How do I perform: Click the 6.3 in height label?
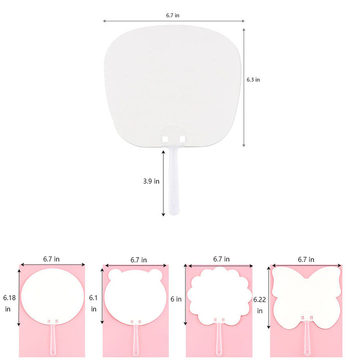[x=253, y=79]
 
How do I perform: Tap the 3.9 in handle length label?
[x=151, y=181]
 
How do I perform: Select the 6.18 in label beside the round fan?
[x=9, y=303]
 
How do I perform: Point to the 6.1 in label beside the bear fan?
[x=93, y=303]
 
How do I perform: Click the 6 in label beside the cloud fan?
[x=176, y=299]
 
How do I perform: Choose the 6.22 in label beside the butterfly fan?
[x=259, y=305]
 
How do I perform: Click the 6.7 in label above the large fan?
[x=172, y=15]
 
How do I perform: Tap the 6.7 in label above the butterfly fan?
[x=306, y=259]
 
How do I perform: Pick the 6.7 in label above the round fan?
[x=51, y=259]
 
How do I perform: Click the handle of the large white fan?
[x=173, y=180]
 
